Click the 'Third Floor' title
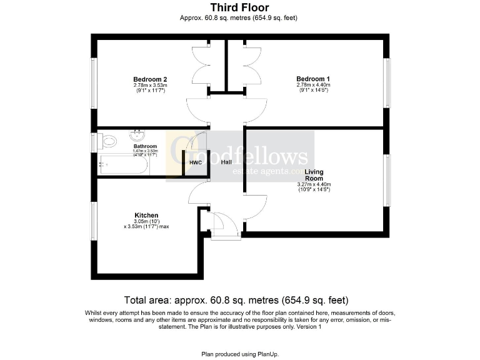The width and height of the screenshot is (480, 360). coord(239,7)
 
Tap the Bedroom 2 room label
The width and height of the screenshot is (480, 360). coord(150,79)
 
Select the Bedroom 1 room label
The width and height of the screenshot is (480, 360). coord(313,79)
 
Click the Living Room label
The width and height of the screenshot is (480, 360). coord(314,174)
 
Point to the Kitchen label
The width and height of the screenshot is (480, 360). coord(146,215)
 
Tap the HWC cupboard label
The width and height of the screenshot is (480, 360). coord(196,162)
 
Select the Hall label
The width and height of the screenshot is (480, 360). coord(226,162)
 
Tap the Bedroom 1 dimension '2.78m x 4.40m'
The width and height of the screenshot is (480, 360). coord(313,85)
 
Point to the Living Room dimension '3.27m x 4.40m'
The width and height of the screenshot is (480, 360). coord(314,184)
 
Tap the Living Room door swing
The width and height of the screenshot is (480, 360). coord(256,207)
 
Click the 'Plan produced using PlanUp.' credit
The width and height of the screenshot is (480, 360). coord(239,354)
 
